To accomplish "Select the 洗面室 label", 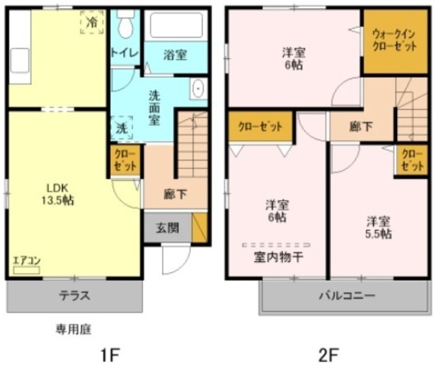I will (156, 107).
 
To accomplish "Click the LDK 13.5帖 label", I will (59, 194).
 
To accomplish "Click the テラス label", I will (74, 296).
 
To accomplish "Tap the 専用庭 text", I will (73, 329).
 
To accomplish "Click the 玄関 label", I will (167, 228).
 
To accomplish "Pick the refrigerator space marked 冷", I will (92, 22).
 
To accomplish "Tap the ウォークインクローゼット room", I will (394, 42).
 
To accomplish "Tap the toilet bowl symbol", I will (124, 26).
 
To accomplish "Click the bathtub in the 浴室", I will (176, 26).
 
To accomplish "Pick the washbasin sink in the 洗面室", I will (198, 90).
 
